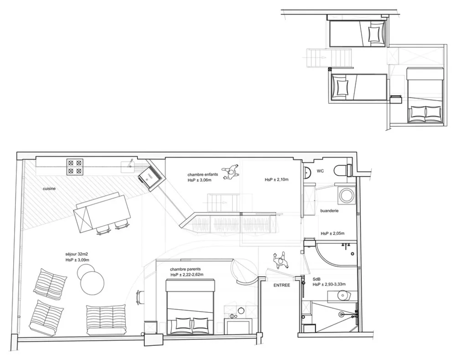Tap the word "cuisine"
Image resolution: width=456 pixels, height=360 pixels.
[49, 189]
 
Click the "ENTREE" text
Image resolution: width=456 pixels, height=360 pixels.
[282, 285]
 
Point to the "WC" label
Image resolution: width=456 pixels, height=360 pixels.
[320, 171]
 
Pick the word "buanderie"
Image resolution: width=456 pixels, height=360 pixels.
[330, 211]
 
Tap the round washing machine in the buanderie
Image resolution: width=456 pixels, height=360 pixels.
[346, 195]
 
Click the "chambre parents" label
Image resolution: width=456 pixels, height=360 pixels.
[185, 269]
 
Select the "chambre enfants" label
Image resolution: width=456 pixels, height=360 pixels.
[203, 175]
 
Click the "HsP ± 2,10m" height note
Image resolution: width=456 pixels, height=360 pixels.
[277, 180]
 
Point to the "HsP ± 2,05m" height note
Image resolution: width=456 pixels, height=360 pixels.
[333, 233]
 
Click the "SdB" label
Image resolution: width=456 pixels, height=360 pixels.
[317, 279]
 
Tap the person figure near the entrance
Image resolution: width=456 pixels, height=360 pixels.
[280, 261]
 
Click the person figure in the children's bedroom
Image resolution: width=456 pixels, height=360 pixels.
[230, 172]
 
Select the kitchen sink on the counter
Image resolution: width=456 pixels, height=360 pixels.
[128, 165]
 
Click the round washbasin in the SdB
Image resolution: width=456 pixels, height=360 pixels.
[344, 296]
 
